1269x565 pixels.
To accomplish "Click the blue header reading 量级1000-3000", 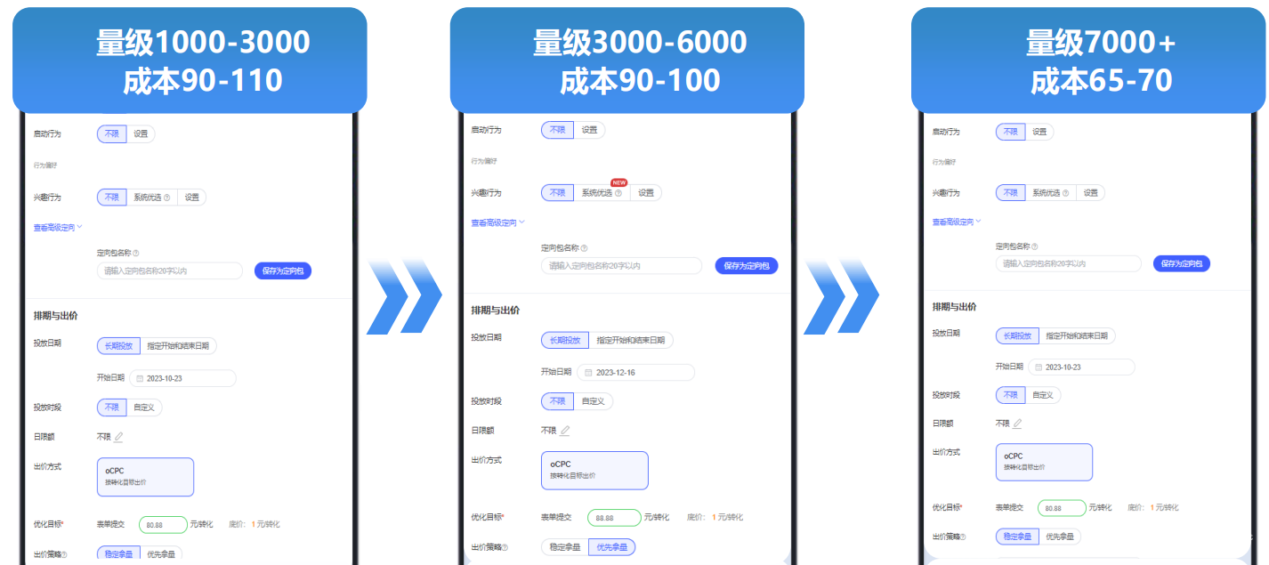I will coord(190,61).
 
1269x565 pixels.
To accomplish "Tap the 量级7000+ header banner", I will coord(1088,61).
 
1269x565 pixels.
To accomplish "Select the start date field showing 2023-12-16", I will coord(635,372).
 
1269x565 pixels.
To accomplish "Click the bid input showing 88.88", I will coord(613,518).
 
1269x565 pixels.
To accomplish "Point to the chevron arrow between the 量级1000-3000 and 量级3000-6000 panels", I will coord(404,296).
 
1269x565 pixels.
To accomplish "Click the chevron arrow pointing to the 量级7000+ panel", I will coord(842,296).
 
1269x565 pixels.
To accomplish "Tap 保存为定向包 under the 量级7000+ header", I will coord(1181,263).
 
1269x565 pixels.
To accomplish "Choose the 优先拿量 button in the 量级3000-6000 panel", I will coord(611,547).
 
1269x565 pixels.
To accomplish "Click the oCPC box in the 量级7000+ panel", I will coord(1044,462).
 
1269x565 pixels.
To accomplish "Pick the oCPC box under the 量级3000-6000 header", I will coord(594,470).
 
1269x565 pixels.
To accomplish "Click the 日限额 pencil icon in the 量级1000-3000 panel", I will coord(118,436).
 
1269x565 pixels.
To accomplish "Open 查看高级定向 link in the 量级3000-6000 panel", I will coord(497,222).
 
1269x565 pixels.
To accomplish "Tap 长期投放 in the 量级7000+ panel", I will coord(1016,336).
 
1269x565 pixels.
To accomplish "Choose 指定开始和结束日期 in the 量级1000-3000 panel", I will coord(178,345).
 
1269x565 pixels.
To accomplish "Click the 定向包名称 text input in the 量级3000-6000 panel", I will coord(621,265).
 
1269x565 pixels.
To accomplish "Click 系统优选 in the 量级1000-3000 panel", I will coord(150,198).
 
